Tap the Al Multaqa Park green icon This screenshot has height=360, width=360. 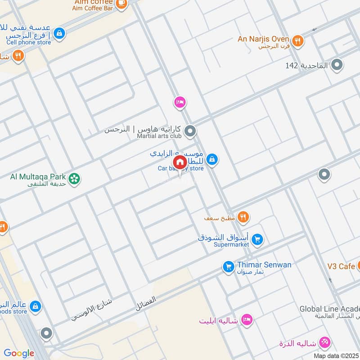[x=75, y=179]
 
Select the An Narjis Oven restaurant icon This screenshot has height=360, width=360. [x=297, y=41]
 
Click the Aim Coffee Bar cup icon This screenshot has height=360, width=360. [x=121, y=3]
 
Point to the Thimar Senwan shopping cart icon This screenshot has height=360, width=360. [x=229, y=267]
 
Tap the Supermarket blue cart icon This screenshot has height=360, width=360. [x=257, y=239]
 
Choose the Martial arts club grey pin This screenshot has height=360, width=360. [x=191, y=131]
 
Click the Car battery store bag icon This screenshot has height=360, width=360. [x=212, y=159]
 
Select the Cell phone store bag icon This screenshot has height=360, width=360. [x=59, y=33]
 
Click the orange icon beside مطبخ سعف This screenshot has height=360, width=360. [x=243, y=218]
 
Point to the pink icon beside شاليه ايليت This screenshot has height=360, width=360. [x=247, y=320]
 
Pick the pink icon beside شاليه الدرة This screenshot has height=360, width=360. [x=324, y=342]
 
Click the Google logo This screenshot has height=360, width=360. [x=19, y=354]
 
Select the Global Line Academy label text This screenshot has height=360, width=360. [x=329, y=309]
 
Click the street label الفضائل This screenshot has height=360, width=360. [x=146, y=305]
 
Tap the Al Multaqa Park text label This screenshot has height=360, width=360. [x=38, y=176]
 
